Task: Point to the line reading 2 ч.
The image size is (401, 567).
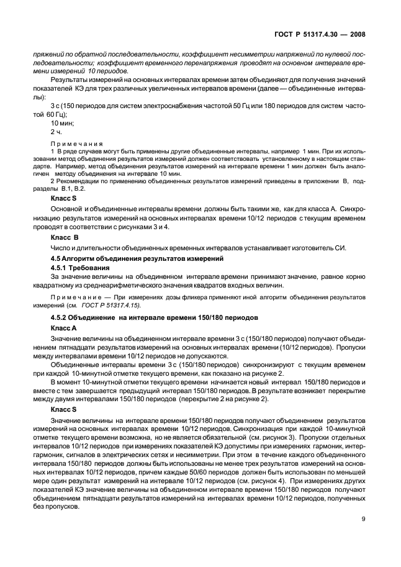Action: [x=56, y=132]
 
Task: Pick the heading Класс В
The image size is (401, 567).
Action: [x=64, y=237]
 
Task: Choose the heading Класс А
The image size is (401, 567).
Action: [x=64, y=327]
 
